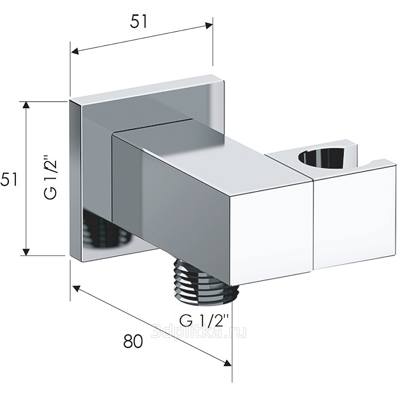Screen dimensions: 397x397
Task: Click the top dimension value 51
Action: coord(138,21)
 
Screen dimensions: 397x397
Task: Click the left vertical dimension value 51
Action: coord(9,179)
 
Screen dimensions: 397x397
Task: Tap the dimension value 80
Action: coord(133,341)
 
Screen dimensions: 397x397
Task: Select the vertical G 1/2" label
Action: coord(51,179)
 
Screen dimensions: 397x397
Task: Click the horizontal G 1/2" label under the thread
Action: coord(204,321)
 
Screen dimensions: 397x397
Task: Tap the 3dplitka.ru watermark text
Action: coord(198,331)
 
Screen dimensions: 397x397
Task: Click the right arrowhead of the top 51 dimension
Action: coord(209,26)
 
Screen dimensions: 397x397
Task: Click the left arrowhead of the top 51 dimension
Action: coord(75,51)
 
